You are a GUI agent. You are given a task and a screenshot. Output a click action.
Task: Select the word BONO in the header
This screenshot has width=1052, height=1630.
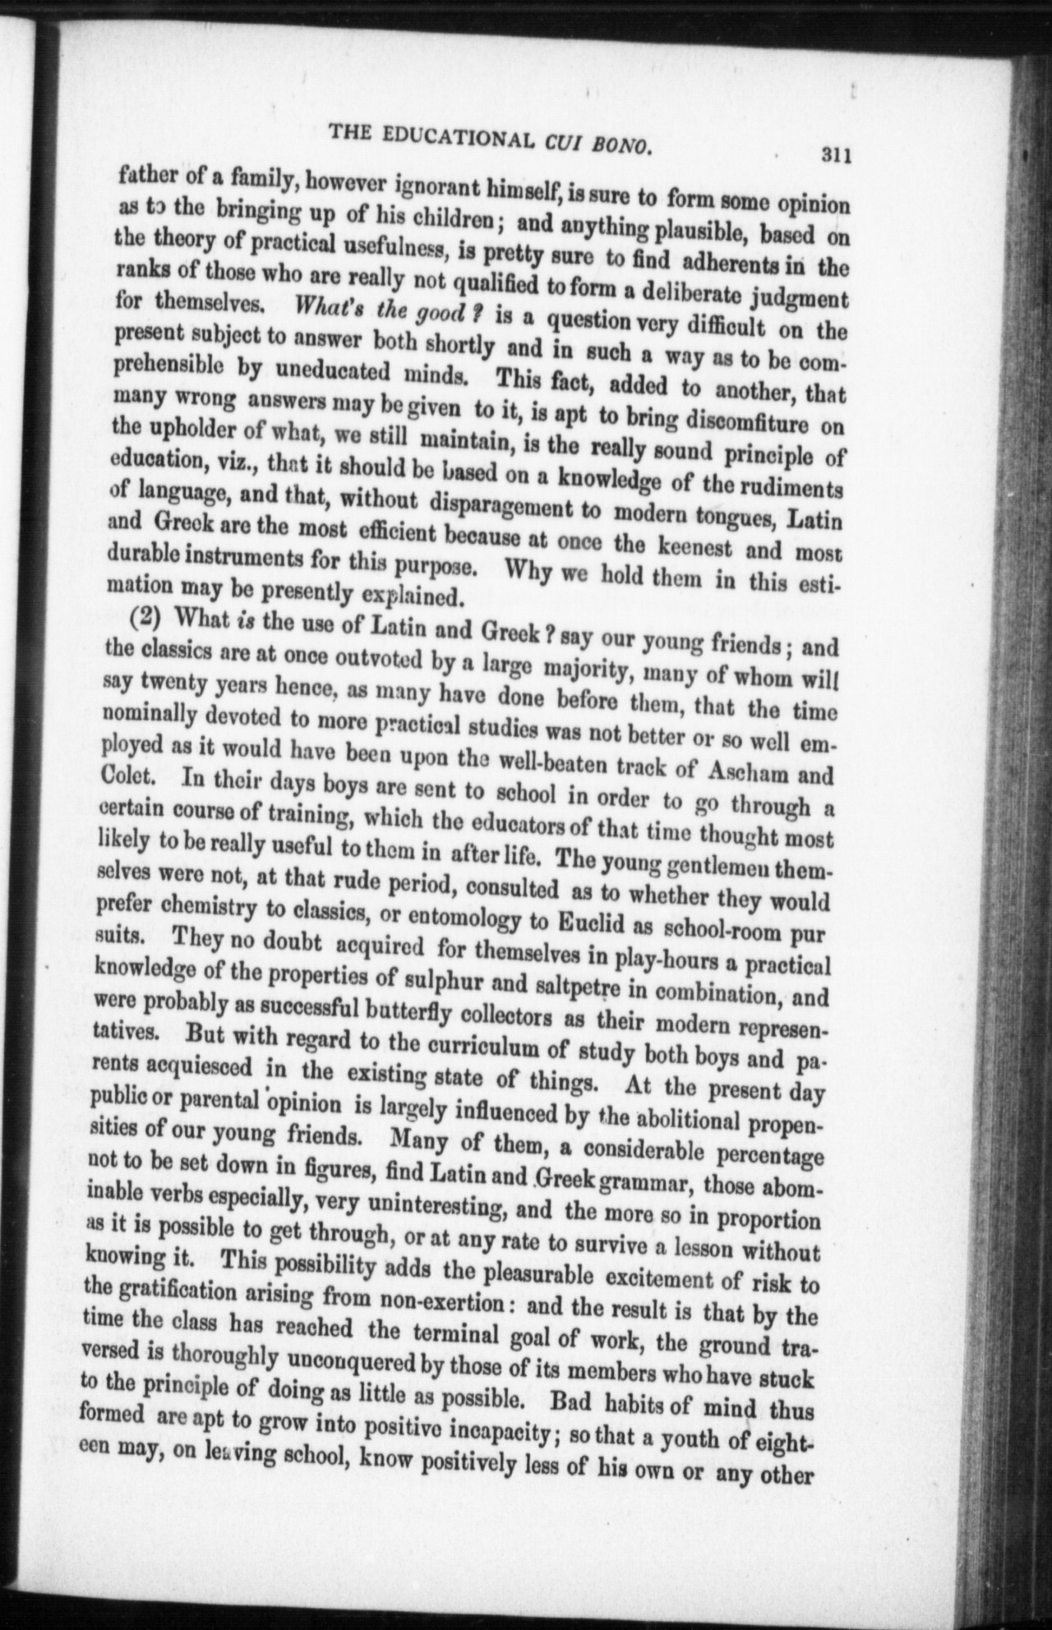[x=620, y=146]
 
